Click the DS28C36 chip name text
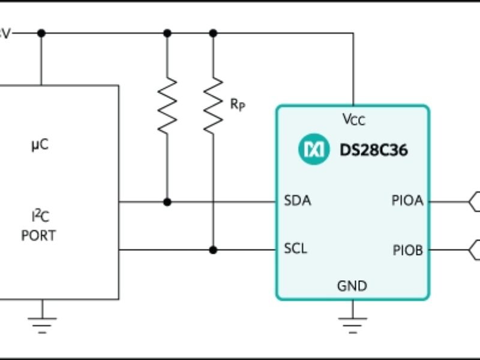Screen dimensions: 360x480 [373, 150]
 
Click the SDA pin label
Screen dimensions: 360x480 [297, 201]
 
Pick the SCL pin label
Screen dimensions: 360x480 [295, 248]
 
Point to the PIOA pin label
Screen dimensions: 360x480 [407, 201]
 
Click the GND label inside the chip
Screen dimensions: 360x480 [352, 286]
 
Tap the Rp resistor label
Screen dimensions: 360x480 [238, 104]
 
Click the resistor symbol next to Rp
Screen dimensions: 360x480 [213, 105]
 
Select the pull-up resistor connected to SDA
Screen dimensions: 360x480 [167, 105]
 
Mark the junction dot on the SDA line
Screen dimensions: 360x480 [167, 202]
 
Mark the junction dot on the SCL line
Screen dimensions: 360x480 [213, 249]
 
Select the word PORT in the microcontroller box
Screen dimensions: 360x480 [38, 236]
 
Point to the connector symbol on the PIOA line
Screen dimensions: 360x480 [474, 201]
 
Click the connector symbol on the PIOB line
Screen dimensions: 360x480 [474, 249]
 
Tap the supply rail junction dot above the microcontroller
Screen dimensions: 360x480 [41, 33]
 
